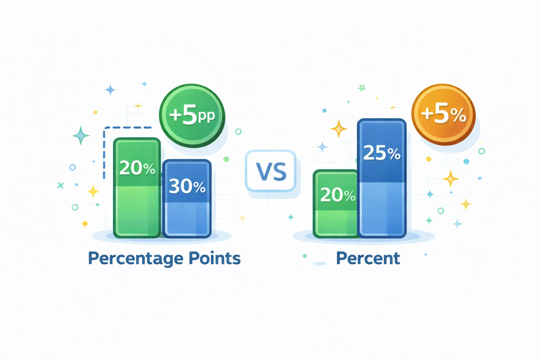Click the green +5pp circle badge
click(192, 116)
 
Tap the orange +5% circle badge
click(444, 115)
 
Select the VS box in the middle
click(271, 171)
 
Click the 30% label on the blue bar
click(187, 186)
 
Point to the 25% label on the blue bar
click(382, 153)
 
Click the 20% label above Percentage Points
click(137, 168)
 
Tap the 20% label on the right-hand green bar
click(338, 195)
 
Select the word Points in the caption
click(214, 258)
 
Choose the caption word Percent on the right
click(368, 258)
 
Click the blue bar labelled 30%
click(187, 199)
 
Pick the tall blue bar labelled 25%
click(382, 178)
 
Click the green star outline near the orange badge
click(362, 88)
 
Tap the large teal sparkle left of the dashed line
click(81, 135)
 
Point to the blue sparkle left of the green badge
click(110, 90)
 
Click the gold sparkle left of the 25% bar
click(339, 129)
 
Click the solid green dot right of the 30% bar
click(226, 159)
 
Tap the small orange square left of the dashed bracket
click(96, 112)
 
